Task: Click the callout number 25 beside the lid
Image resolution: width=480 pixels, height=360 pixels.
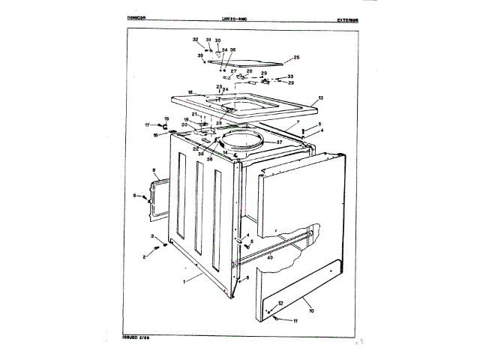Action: pyautogui.click(x=296, y=58)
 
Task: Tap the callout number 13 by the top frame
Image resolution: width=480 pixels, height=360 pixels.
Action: pyautogui.click(x=320, y=98)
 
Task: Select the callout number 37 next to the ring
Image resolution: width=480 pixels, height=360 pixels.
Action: pyautogui.click(x=279, y=141)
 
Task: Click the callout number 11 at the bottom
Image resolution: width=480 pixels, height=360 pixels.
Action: pyautogui.click(x=295, y=321)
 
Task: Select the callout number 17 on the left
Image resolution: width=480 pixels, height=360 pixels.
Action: pyautogui.click(x=147, y=124)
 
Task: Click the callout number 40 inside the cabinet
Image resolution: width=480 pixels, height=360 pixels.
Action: pyautogui.click(x=271, y=256)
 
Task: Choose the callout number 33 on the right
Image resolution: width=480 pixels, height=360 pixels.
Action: pyautogui.click(x=291, y=76)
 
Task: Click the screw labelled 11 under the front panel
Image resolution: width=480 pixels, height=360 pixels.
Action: pyautogui.click(x=278, y=319)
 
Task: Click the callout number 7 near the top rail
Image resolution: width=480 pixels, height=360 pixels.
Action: pyautogui.click(x=298, y=121)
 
